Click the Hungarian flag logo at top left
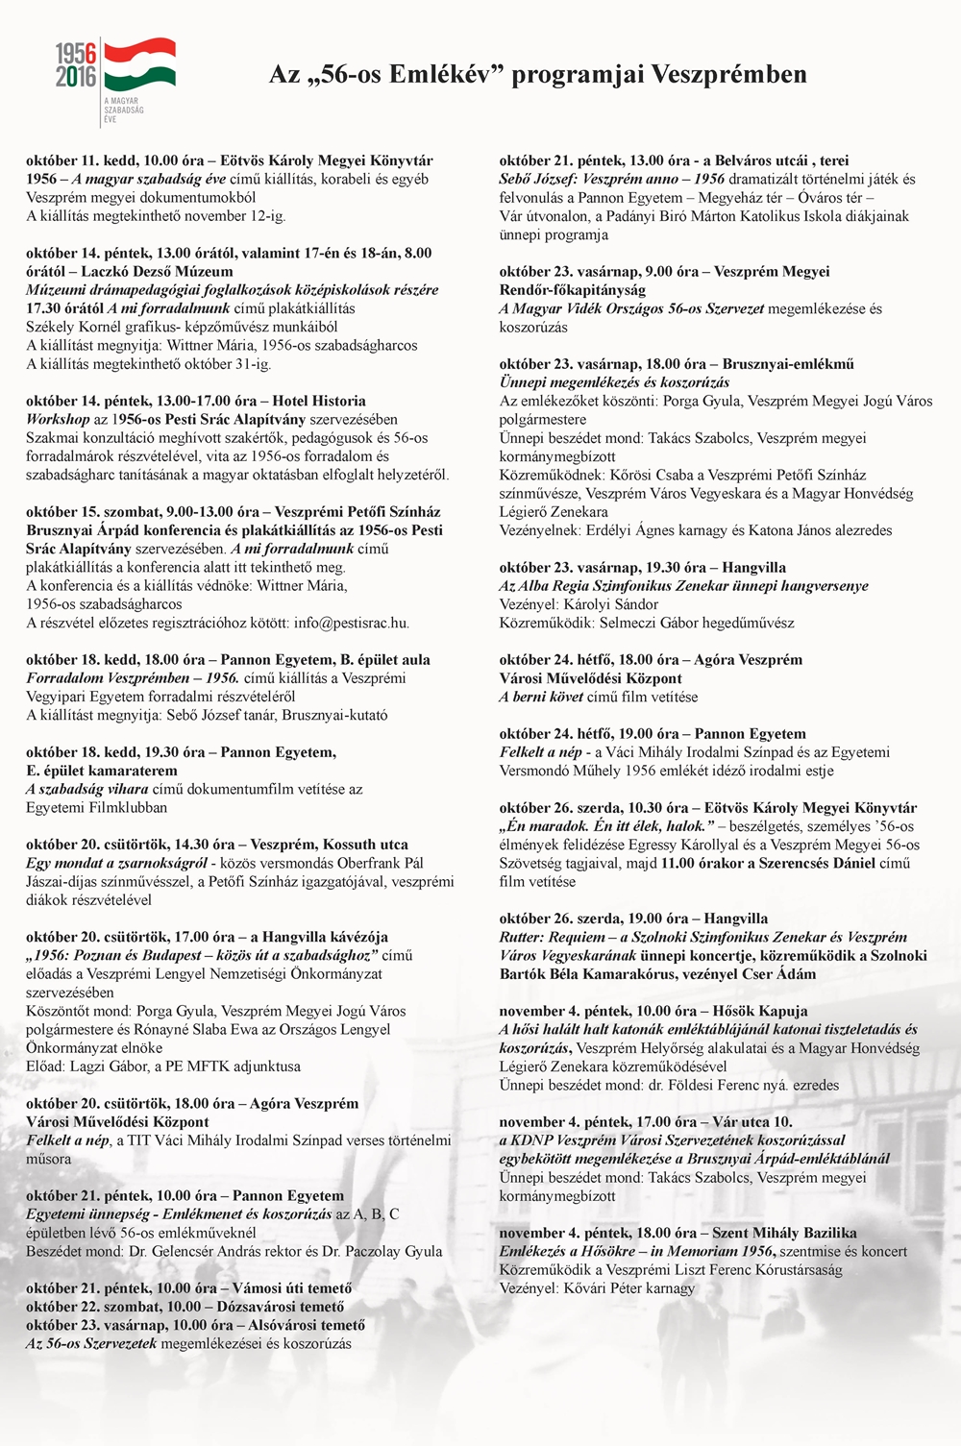(x=139, y=64)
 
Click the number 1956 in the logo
(x=76, y=54)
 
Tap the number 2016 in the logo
(x=76, y=77)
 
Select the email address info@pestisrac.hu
(x=352, y=623)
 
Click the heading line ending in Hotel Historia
(x=196, y=401)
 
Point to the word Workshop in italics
(x=58, y=419)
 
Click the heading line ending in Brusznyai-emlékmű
(x=677, y=364)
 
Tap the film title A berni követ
(x=541, y=697)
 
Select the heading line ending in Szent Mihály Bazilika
(x=678, y=1233)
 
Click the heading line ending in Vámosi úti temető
(x=188, y=1287)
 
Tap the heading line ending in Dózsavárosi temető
(x=185, y=1307)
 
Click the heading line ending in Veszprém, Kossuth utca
(x=217, y=845)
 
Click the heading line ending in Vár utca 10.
(x=646, y=1121)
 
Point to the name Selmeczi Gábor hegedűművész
(x=697, y=623)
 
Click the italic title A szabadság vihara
(x=87, y=789)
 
